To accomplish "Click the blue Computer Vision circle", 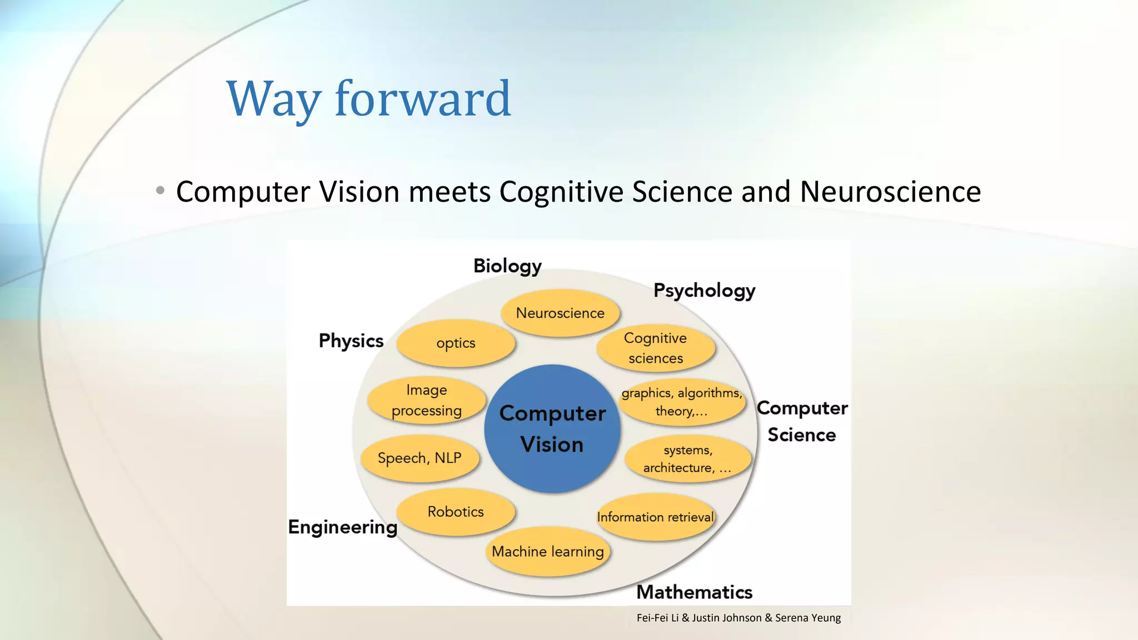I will click(552, 428).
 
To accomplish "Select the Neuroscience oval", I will click(560, 313).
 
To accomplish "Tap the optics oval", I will click(456, 343).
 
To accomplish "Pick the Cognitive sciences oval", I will click(656, 348).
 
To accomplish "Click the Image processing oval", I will click(427, 400).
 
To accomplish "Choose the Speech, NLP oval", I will click(420, 458).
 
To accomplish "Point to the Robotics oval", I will click(456, 512).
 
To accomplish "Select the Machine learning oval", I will click(548, 551).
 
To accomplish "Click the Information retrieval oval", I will click(656, 517).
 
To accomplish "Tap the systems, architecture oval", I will click(687, 459).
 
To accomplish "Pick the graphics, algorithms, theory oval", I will click(682, 402).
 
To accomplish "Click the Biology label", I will click(507, 266).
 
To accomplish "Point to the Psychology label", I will click(704, 291).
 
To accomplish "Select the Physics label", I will click(351, 341).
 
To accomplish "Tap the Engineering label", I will click(343, 527).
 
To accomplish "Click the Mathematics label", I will click(694, 592).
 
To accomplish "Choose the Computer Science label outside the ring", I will click(802, 421).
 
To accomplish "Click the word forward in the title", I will click(422, 99).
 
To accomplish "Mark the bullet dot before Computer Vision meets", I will click(161, 191).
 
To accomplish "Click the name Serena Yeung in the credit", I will click(808, 618).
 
